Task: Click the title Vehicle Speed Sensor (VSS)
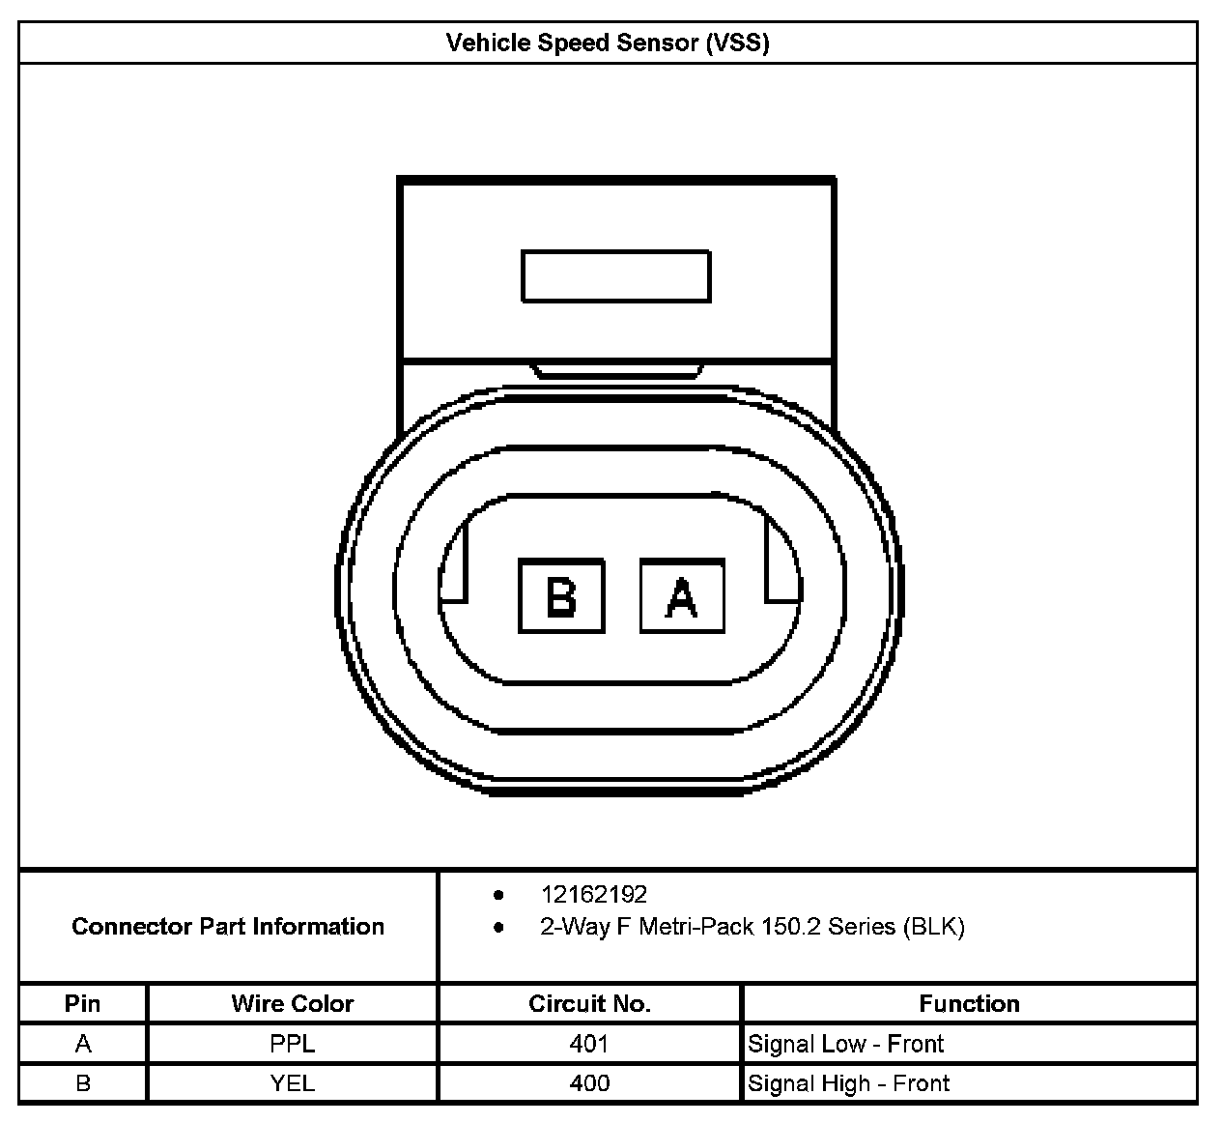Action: coord(608,43)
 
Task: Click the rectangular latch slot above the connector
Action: coord(616,276)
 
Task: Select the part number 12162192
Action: coord(593,895)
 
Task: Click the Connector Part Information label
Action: coord(228,927)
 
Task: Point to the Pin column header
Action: coord(82,1004)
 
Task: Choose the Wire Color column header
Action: coord(292,1004)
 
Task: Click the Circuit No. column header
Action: coord(589,1004)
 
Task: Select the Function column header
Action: coord(969,1004)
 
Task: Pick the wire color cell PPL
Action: coord(292,1045)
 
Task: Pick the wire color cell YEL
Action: coord(292,1084)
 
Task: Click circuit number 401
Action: coord(589,1045)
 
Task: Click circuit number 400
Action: coord(589,1084)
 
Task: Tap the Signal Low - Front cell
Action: coord(845,1045)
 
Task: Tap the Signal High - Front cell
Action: coord(848,1084)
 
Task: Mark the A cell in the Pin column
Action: coord(83,1045)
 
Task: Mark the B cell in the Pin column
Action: coord(83,1084)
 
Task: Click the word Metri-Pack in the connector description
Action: coord(696,928)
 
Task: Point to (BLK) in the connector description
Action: coord(934,928)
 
